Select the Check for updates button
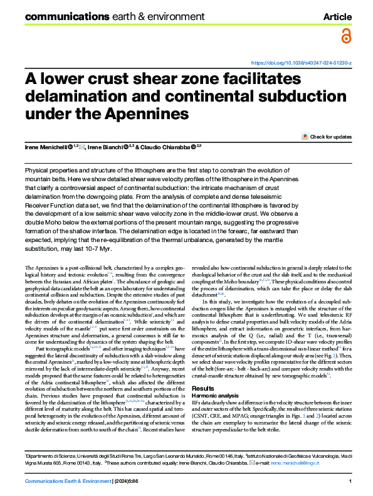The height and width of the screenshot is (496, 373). coord(327,136)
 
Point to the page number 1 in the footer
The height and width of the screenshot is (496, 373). coord(349,481)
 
